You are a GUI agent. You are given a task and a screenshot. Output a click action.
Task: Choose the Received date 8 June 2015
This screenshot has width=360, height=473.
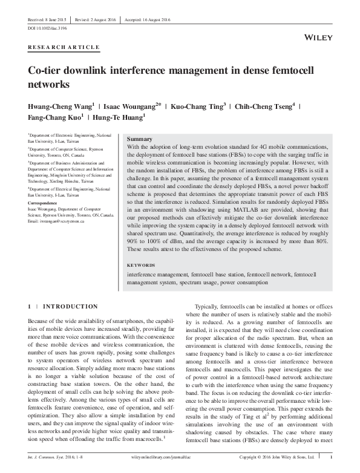47,19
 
